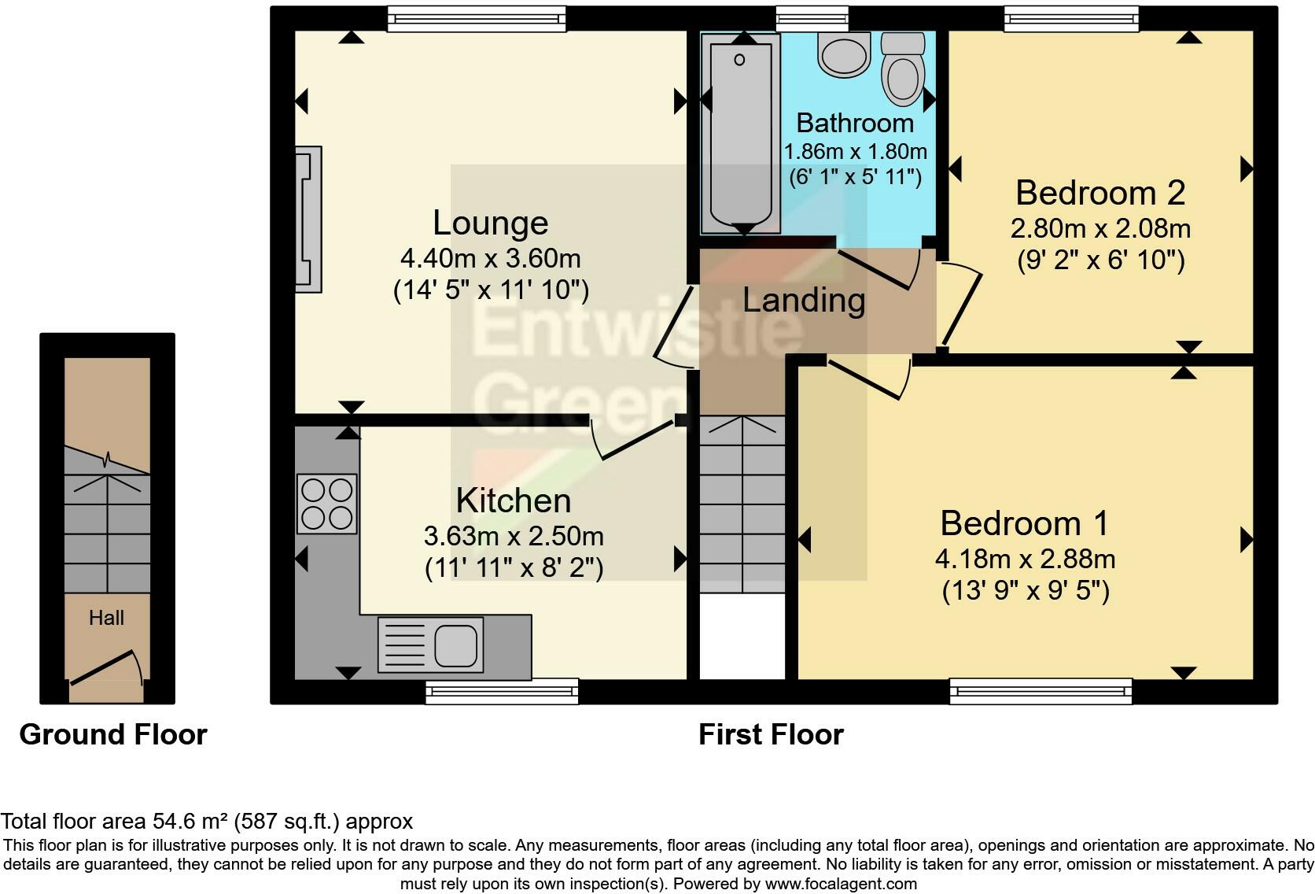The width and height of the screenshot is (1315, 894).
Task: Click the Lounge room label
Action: (490, 223)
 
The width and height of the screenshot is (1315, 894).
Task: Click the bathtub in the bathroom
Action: (740, 134)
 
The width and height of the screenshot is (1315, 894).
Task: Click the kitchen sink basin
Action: (455, 645)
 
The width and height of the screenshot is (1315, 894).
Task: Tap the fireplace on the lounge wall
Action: (308, 220)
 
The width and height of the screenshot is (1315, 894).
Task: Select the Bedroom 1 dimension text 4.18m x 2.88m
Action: (1025, 559)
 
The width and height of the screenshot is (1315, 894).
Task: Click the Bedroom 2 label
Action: (1100, 193)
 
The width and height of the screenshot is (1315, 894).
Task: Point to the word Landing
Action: (804, 300)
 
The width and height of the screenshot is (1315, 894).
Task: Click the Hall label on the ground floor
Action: (106, 618)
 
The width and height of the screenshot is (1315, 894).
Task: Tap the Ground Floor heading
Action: (113, 734)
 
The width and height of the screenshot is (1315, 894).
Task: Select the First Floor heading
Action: (771, 734)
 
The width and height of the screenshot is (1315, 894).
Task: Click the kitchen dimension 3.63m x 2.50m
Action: (514, 536)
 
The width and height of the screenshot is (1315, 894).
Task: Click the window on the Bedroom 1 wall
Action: (1041, 691)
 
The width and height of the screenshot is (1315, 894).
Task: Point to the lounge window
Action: (477, 19)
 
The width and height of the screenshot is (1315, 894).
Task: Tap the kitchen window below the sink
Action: (502, 691)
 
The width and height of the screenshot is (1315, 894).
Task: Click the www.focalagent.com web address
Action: (841, 884)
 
